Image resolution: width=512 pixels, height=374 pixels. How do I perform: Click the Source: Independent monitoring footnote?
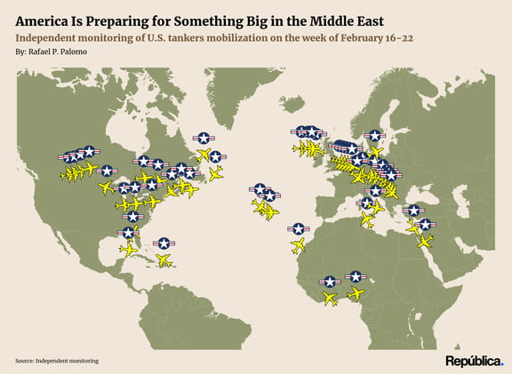coord(57,361)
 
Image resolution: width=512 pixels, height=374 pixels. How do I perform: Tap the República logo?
coord(474,361)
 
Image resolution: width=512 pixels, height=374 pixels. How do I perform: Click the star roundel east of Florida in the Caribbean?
coord(163,243)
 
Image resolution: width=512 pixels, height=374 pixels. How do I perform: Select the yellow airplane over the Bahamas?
coord(164,259)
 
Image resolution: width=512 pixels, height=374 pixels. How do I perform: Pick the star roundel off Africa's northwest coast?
coord(299,229)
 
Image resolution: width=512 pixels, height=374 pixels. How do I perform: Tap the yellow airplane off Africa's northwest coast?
coord(299,245)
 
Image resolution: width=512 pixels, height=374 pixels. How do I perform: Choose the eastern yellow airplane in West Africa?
coord(356,293)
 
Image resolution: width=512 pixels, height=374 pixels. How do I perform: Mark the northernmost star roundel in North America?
coord(204,138)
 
